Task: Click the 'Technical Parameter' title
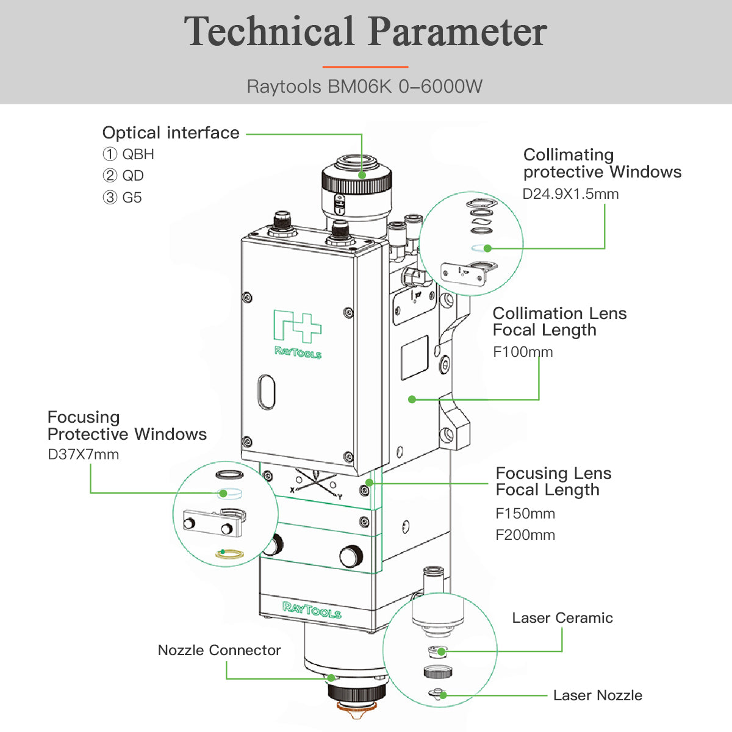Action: (x=365, y=32)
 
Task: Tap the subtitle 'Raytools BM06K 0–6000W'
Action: (x=365, y=87)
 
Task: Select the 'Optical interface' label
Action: (x=171, y=133)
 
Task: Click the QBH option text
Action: (x=138, y=154)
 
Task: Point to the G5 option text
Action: (x=132, y=198)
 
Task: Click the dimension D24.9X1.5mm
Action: (x=570, y=194)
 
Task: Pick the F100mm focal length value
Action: (x=523, y=352)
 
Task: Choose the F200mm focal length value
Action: (x=525, y=535)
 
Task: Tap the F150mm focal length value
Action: (x=525, y=514)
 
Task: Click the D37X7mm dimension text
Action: (x=83, y=454)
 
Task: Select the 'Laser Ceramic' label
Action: (x=562, y=618)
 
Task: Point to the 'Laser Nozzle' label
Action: (x=598, y=695)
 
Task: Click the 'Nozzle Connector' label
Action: (x=219, y=650)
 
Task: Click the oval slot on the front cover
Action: (x=267, y=392)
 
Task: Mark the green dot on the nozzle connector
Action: (x=331, y=678)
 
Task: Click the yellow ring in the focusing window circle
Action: (x=229, y=554)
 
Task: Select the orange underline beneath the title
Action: (x=365, y=66)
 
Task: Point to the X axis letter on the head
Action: (x=292, y=489)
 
